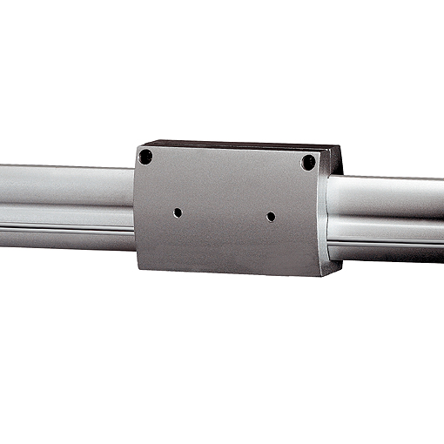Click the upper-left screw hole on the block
pos(145,158)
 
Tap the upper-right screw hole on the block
pos(307,163)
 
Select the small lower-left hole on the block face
pos(178,212)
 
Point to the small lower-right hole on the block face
pos(271,216)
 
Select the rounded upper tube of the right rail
pos(392,196)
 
